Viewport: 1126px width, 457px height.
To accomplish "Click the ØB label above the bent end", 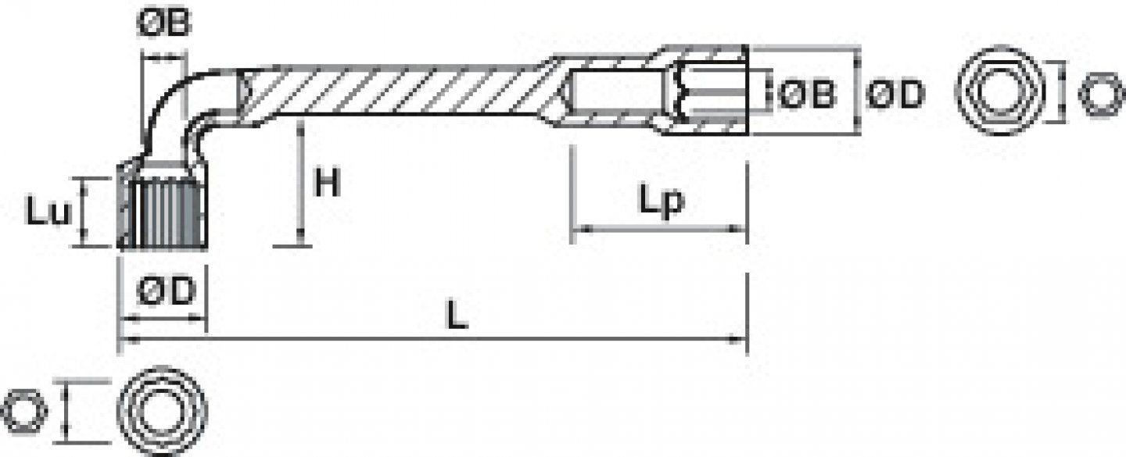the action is [164, 23].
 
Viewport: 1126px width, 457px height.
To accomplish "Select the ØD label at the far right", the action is [896, 94].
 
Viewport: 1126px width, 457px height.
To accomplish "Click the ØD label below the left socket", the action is [166, 291].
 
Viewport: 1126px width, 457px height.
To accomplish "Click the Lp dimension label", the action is [661, 200].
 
